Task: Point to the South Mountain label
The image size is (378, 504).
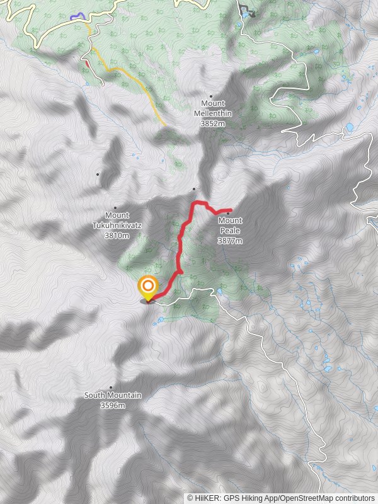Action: (x=113, y=396)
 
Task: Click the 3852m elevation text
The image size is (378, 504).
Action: (x=212, y=124)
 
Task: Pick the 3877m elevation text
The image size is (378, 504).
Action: (x=230, y=241)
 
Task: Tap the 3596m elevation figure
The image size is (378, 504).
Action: (x=113, y=405)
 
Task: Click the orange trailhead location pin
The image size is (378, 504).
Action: (x=148, y=287)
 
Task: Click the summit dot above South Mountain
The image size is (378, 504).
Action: (x=111, y=387)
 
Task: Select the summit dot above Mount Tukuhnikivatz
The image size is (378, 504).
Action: (x=115, y=207)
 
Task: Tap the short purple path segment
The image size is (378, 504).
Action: (x=77, y=16)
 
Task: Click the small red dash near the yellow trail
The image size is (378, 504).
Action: (x=86, y=63)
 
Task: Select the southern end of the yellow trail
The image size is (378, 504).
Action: (x=165, y=124)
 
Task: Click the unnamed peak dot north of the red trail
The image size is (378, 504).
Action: (x=194, y=188)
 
